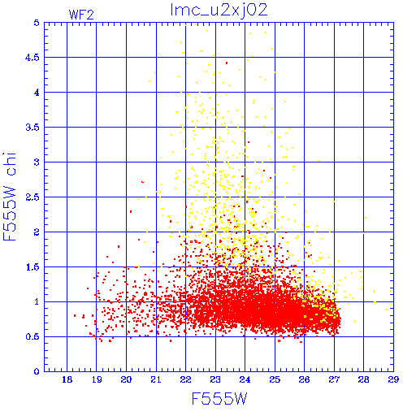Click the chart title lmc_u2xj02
[x=219, y=11]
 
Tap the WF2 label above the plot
[x=81, y=15]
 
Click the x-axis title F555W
[x=219, y=399]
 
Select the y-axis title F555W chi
[x=10, y=197]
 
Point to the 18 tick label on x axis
[x=67, y=379]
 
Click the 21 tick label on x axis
[x=156, y=379]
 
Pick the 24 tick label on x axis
[x=245, y=379]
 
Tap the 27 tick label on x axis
[x=334, y=379]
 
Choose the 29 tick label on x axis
[x=393, y=379]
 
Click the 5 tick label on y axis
[x=37, y=23]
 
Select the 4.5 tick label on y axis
[x=32, y=58]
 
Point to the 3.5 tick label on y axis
[x=32, y=128]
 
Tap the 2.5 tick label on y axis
[x=32, y=197]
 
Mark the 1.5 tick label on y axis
[x=32, y=267]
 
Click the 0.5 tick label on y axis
[x=32, y=336]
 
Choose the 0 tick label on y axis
[x=37, y=371]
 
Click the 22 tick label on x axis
[x=185, y=379]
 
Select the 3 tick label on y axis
[x=37, y=162]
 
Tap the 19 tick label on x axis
[x=97, y=379]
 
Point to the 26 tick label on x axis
[x=304, y=379]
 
